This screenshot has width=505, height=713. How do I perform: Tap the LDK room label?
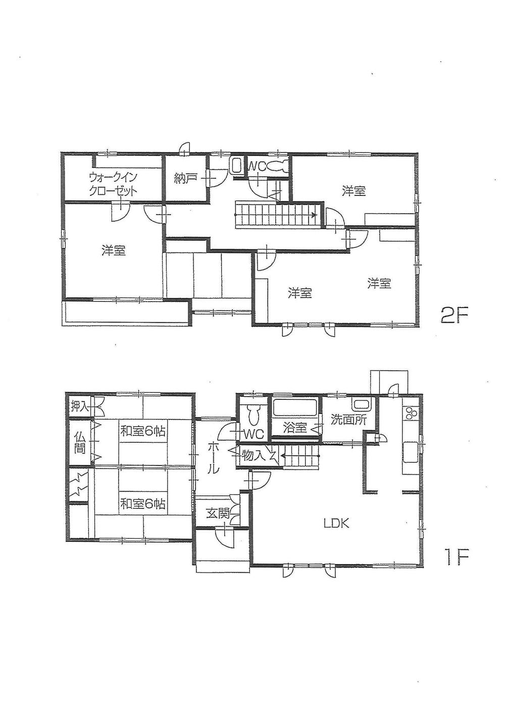(336, 523)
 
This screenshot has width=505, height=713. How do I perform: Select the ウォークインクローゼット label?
(113, 185)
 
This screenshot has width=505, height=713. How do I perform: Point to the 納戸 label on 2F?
(185, 178)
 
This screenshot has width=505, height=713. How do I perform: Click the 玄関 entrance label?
(218, 514)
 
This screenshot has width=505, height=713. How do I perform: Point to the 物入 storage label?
(254, 455)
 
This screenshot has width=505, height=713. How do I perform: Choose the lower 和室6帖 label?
(143, 503)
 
